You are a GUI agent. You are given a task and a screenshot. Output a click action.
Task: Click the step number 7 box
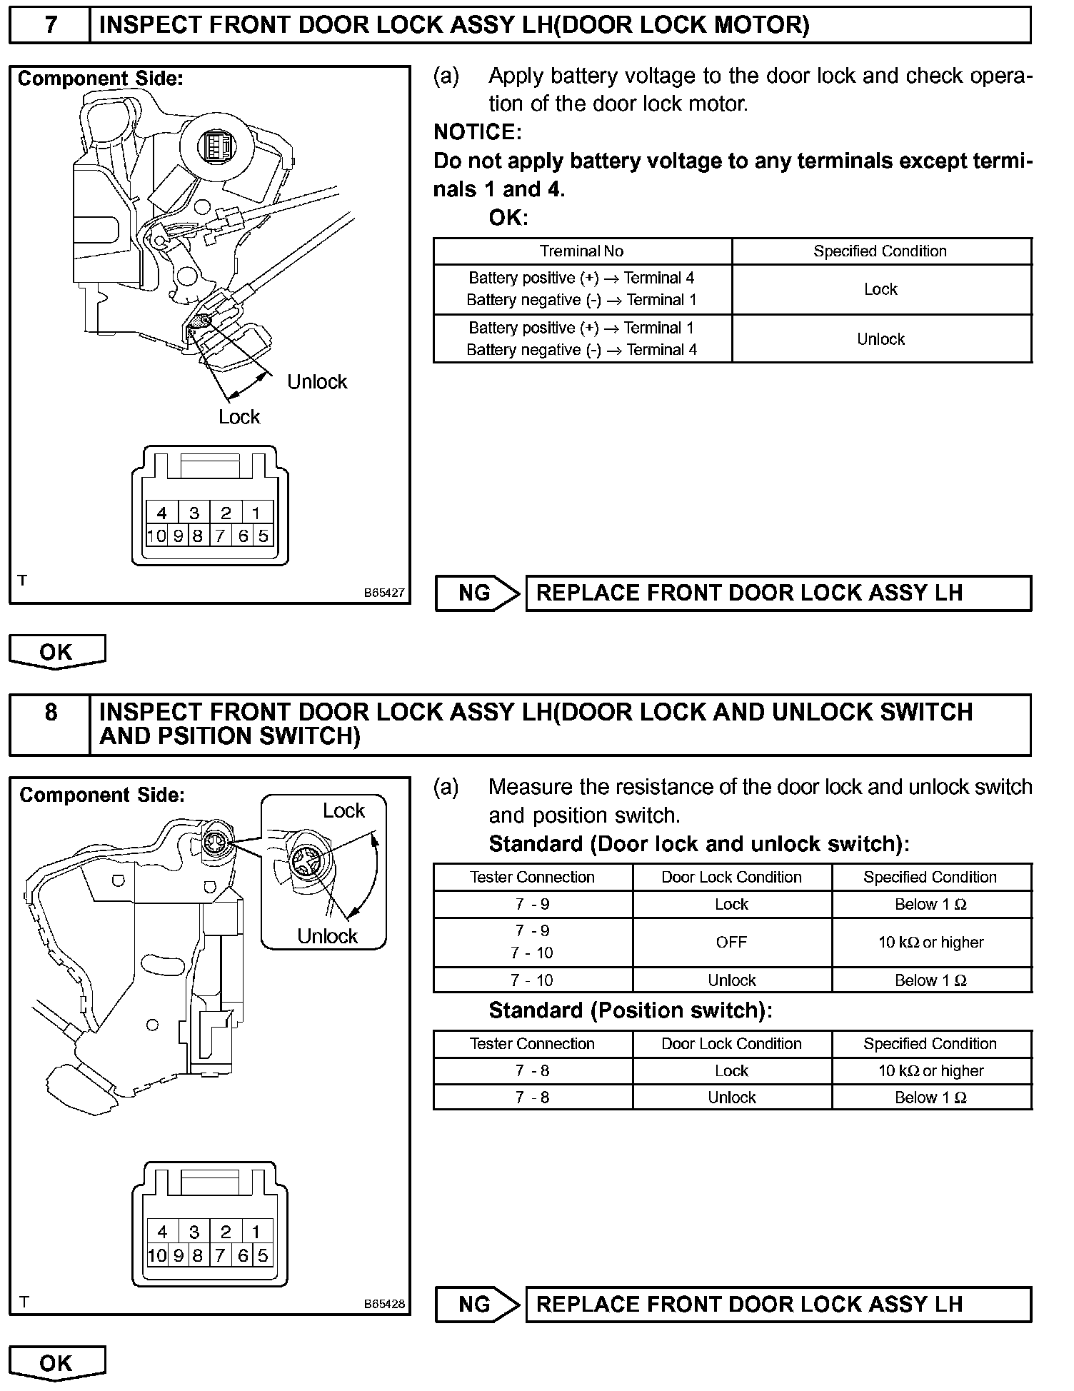(50, 25)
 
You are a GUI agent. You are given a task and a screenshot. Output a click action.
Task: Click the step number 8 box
(50, 723)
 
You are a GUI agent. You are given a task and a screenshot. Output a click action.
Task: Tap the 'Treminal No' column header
(581, 251)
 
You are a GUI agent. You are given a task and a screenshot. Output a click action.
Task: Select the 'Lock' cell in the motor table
(880, 289)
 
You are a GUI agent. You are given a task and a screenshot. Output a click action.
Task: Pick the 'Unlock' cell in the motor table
(880, 339)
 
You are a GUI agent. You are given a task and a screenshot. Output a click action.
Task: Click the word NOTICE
(477, 132)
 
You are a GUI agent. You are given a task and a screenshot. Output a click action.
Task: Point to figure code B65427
(384, 593)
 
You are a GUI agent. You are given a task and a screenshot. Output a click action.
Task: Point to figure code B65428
(384, 1304)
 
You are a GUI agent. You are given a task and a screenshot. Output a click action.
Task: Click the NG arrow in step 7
(477, 593)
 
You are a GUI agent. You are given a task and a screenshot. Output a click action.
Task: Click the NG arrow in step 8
(477, 1305)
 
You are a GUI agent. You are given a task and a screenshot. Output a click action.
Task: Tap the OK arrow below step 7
(56, 652)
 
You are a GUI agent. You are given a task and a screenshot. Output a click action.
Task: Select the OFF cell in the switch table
(731, 943)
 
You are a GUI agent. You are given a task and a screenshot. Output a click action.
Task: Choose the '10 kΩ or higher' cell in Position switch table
(930, 1071)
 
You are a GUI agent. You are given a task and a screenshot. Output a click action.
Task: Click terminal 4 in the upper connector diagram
(162, 513)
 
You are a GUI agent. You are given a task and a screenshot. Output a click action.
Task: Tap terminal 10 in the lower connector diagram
(156, 1255)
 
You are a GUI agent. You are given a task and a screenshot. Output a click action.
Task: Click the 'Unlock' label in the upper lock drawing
(317, 382)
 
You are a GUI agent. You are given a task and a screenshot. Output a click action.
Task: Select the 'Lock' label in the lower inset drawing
(343, 811)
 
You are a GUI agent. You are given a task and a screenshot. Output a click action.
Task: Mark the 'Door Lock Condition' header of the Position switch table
(731, 1044)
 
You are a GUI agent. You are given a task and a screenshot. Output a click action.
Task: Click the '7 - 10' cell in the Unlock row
(532, 980)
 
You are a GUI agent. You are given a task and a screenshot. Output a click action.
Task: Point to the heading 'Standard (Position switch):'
(630, 1011)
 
